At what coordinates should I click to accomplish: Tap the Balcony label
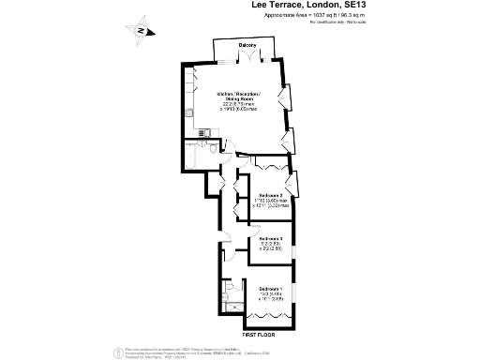[x=247, y=45]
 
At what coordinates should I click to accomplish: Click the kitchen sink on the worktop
[x=190, y=115]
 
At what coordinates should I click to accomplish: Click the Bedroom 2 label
[x=271, y=195]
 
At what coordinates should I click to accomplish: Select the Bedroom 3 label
[x=271, y=239]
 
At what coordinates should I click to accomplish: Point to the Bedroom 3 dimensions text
[x=271, y=248]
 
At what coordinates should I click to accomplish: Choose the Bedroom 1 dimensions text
[x=271, y=297]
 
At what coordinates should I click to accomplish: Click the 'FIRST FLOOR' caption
[x=262, y=334]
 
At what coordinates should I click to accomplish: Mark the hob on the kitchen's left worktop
[x=190, y=89]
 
